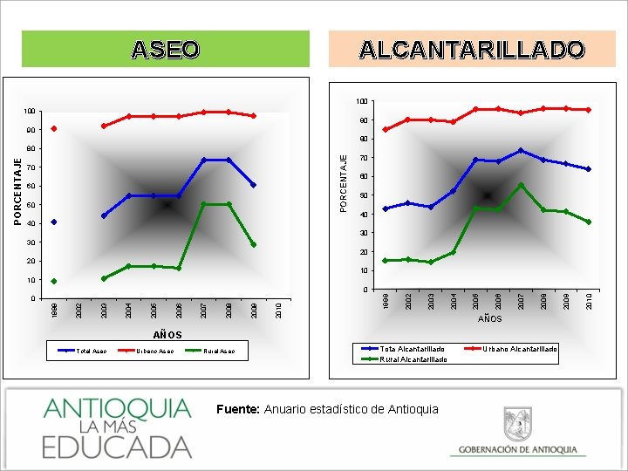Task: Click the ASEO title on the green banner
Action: (165, 50)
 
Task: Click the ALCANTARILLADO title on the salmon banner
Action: (472, 50)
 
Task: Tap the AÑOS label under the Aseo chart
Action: (167, 335)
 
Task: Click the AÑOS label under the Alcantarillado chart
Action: (489, 319)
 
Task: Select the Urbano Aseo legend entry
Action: (154, 352)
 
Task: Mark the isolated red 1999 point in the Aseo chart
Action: (54, 129)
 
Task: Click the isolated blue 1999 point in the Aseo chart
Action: (54, 222)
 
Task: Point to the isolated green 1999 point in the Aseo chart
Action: (54, 281)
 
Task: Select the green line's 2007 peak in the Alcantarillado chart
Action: (521, 185)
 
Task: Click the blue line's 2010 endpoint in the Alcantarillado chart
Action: (589, 169)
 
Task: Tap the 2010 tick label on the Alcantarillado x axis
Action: (589, 302)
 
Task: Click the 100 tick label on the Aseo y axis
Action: (31, 112)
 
